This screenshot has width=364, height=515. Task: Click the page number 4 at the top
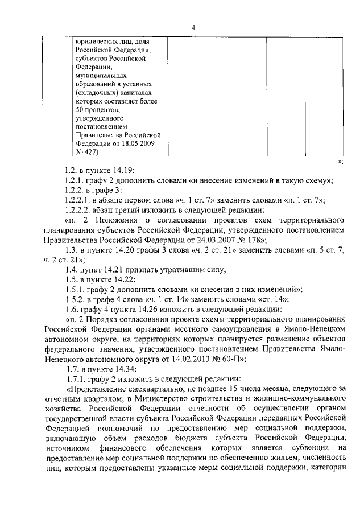click(193, 27)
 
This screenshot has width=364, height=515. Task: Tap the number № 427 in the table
click(86, 152)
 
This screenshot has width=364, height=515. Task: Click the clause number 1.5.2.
click(76, 299)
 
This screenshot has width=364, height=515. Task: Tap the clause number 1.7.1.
click(76, 378)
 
